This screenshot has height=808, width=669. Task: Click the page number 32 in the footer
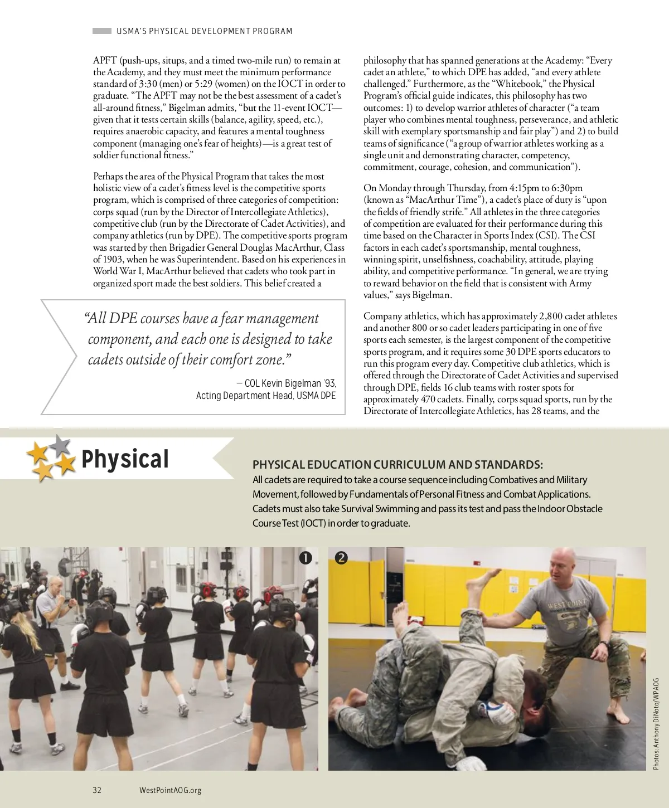97,790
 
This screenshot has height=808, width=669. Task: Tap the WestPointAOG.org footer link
170,790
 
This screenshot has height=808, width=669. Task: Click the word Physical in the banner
125,459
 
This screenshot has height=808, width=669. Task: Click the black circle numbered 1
305,557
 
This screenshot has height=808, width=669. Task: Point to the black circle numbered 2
341,557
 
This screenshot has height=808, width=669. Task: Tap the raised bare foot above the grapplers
479,585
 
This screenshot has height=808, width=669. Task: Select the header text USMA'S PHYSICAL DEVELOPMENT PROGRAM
204,31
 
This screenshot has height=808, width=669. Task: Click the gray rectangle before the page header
101,31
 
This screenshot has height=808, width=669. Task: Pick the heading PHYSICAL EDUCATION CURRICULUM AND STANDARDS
397,465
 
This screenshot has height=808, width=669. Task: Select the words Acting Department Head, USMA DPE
266,396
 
